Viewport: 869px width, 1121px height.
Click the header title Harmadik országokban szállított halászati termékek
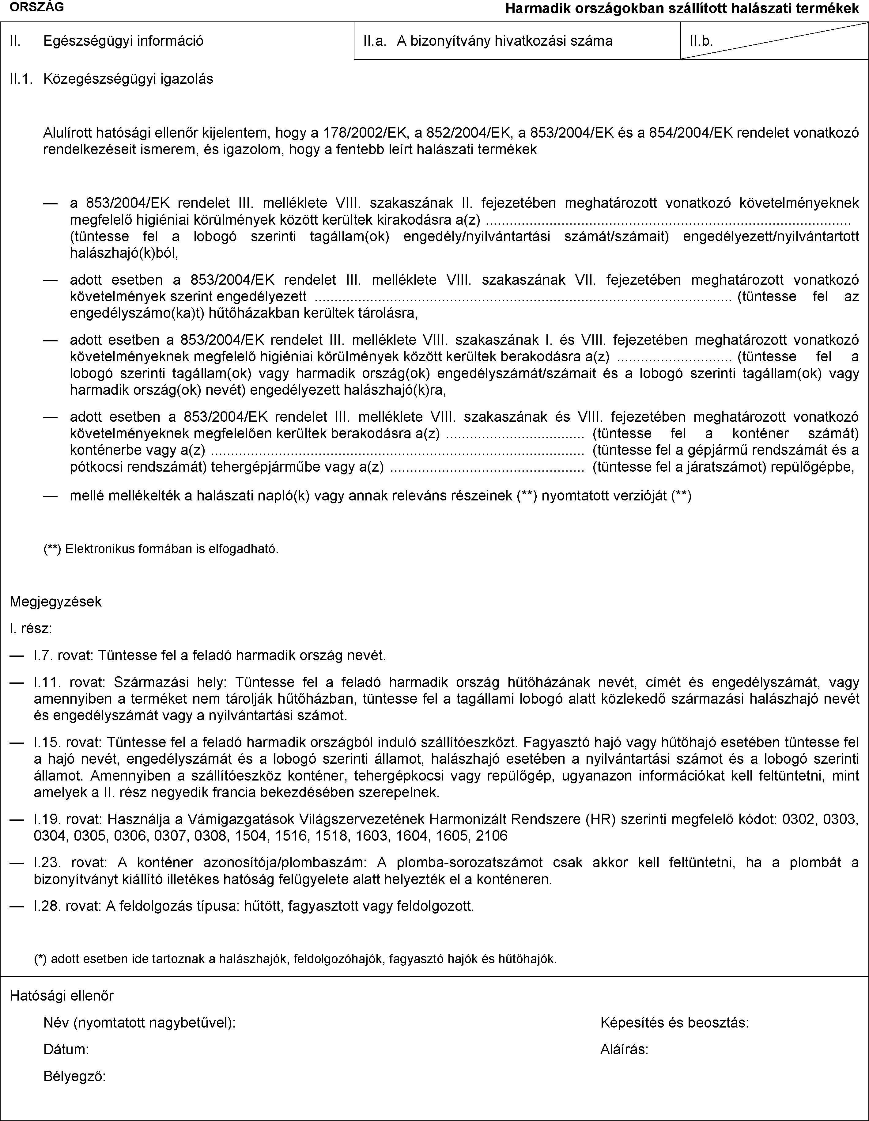(682, 8)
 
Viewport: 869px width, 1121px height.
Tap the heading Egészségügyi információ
(123, 41)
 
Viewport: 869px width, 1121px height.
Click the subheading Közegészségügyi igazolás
(128, 79)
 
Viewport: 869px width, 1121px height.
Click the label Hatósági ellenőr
(62, 996)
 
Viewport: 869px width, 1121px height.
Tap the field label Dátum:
(66, 1050)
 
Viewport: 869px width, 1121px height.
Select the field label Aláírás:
(624, 1050)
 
